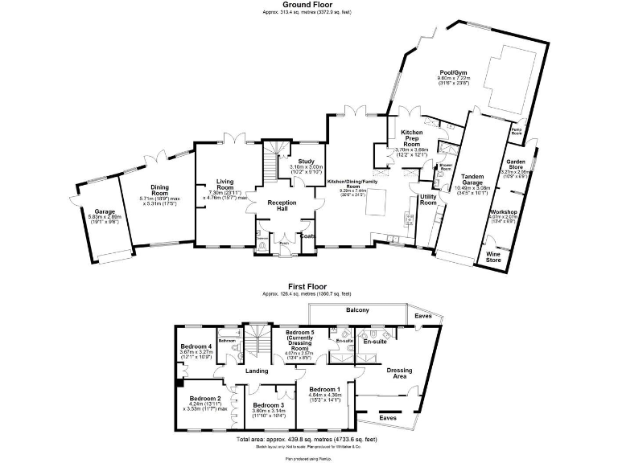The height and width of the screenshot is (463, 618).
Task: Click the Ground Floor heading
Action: point(308,4)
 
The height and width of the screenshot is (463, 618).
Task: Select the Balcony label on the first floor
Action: point(357,310)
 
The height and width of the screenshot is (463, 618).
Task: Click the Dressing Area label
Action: point(400,373)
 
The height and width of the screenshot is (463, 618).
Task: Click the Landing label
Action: point(257,371)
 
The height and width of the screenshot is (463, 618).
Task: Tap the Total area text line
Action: point(308,440)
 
